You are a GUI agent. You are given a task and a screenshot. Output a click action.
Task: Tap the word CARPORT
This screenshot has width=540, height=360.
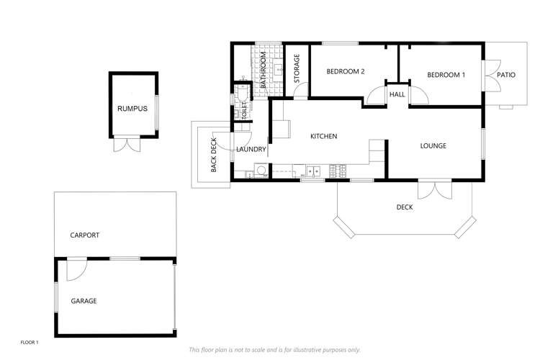point(84,235)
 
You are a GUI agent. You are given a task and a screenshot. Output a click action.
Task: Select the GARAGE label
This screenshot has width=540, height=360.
point(84,301)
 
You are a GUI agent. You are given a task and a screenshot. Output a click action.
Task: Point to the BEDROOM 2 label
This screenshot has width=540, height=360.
point(346,71)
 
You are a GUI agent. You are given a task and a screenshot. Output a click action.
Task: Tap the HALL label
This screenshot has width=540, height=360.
point(397,94)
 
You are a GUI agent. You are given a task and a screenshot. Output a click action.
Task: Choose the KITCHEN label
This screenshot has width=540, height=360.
point(323,136)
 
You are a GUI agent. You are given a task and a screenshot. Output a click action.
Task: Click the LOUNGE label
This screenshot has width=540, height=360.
point(433,146)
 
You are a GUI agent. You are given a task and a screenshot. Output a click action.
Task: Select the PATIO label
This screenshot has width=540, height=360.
point(506,75)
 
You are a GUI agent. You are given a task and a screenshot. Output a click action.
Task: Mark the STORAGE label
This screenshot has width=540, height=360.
point(296,69)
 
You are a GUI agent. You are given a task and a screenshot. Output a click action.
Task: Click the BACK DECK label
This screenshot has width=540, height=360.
point(214,155)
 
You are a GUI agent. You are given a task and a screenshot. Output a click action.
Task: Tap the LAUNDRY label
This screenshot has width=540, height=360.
point(251,150)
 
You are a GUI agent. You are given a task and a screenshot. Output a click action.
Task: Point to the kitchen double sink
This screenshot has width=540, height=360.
point(313,171)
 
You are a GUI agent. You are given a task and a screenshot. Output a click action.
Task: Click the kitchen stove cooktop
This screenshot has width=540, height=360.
point(338,171)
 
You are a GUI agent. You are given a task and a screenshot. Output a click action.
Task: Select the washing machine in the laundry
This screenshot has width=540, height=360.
point(261,171)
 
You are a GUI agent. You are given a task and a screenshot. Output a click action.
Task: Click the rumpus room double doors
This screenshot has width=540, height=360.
point(127,144)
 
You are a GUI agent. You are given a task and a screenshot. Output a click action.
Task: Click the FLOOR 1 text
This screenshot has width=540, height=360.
point(30,342)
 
